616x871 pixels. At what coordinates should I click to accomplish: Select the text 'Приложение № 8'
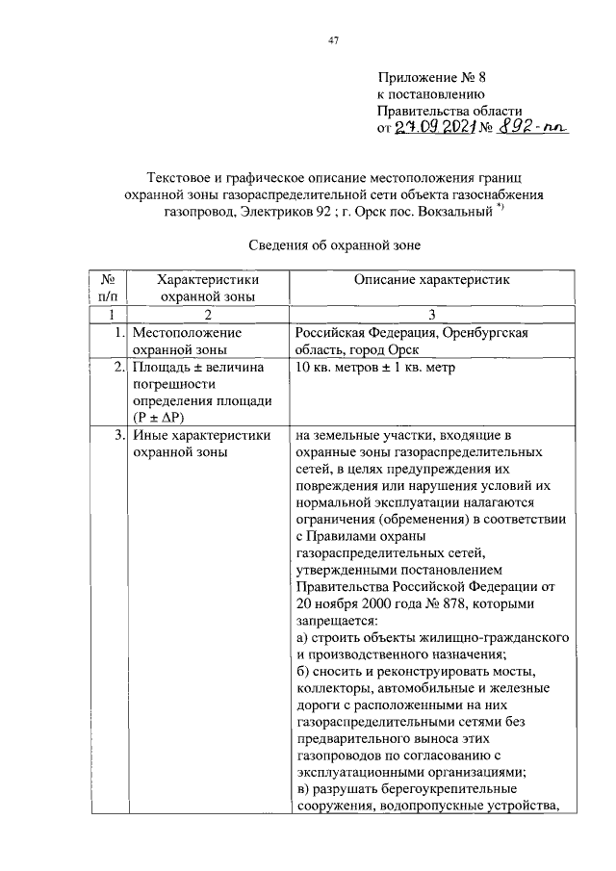tap(427, 77)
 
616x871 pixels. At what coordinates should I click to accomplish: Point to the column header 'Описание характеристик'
tap(432, 280)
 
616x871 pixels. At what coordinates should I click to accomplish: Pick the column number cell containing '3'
tap(432, 315)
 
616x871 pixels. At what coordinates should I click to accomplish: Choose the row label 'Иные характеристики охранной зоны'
tap(201, 443)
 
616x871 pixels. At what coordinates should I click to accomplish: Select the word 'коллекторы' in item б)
tap(334, 688)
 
